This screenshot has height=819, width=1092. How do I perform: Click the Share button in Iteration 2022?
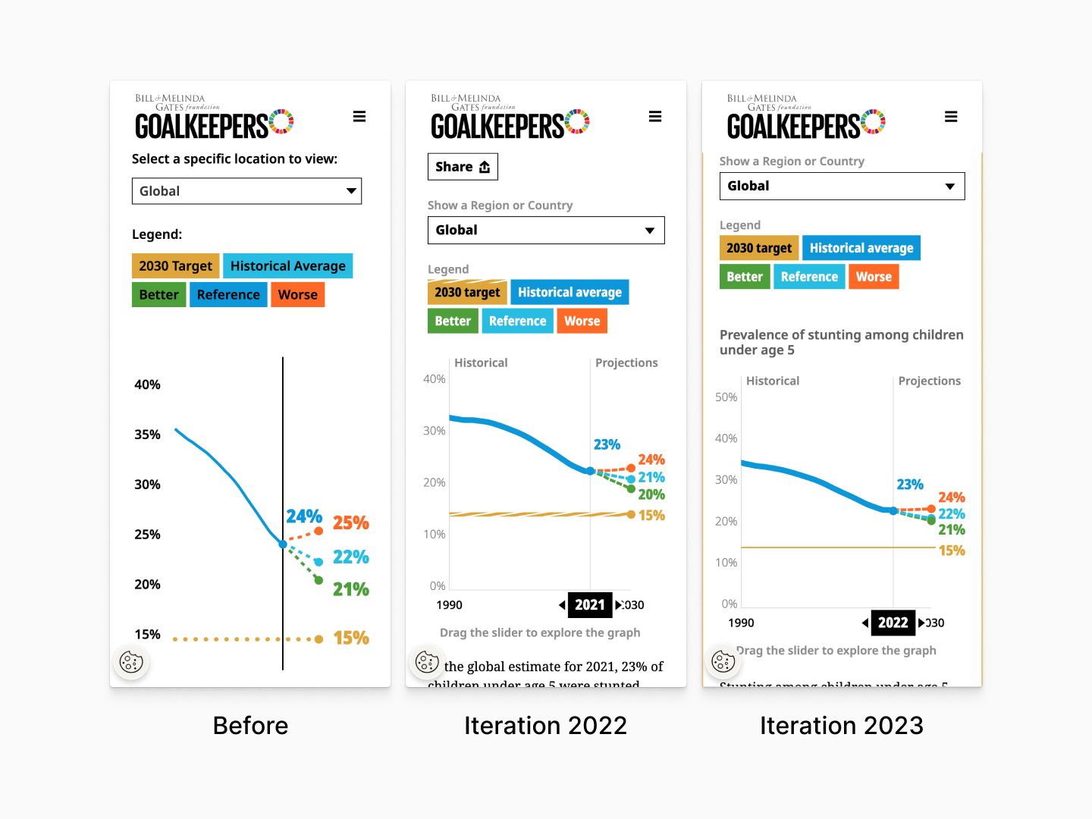[x=463, y=167]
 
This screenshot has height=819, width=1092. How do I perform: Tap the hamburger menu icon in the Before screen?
[x=359, y=117]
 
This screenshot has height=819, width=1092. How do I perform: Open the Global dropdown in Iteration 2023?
[x=842, y=187]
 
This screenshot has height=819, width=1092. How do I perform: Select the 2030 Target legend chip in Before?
[x=176, y=266]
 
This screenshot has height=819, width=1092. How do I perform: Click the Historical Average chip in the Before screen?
[x=287, y=266]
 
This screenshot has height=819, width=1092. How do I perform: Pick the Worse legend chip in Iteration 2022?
[x=582, y=322]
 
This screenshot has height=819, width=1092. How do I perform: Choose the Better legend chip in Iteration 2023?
[x=744, y=278]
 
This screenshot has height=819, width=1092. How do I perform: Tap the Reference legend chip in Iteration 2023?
[x=809, y=278]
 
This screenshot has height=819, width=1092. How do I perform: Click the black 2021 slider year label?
[x=590, y=605]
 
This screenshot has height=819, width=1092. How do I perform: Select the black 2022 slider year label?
[x=893, y=623]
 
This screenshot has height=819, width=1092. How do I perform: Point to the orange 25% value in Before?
[x=350, y=523]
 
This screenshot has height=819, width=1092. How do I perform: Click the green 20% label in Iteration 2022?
[x=651, y=495]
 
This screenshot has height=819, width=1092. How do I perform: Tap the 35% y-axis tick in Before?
[x=147, y=435]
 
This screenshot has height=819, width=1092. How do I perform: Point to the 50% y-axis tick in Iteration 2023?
[x=726, y=397]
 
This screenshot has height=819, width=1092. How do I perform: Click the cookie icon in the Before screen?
[x=131, y=662]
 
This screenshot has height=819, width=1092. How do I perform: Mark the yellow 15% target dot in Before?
[x=318, y=639]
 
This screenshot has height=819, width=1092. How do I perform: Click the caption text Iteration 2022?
[x=545, y=726]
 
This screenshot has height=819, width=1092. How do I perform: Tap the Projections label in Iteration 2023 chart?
[x=929, y=381]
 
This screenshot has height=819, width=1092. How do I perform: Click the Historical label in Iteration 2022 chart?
[x=481, y=363]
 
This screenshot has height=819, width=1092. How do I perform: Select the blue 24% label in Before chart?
[x=304, y=516]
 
